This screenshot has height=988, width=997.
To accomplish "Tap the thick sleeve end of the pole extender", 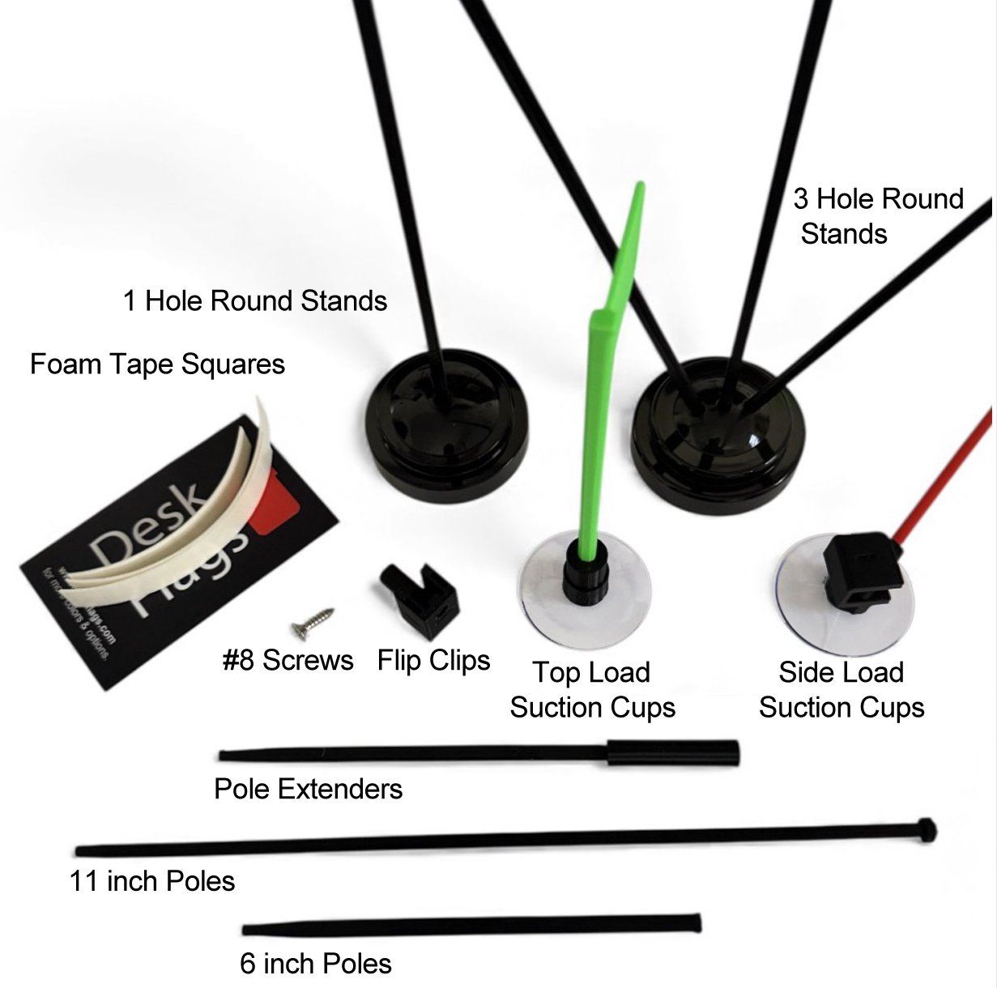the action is coord(672,752).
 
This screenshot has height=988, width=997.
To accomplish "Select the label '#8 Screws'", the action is coord(288,660).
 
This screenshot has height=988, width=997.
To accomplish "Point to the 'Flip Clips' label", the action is coord(433,660).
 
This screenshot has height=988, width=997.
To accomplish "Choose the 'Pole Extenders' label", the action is coord(308,789).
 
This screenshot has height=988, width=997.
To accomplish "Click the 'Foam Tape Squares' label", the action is coord(157,364).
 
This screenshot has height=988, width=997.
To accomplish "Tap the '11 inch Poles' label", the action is coord(152,881).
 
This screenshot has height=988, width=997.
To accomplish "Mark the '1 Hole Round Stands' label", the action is coord(254,301).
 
